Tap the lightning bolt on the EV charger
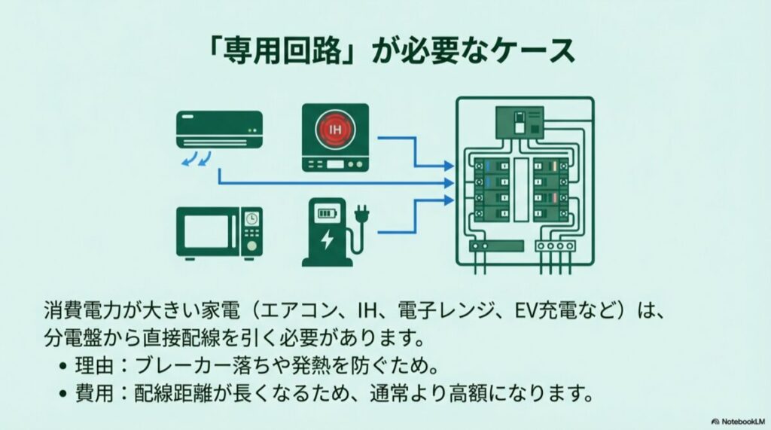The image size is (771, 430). pyautogui.click(x=325, y=240)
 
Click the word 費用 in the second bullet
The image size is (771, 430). pyautogui.click(x=94, y=392)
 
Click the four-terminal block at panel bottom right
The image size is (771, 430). pyautogui.click(x=555, y=245)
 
